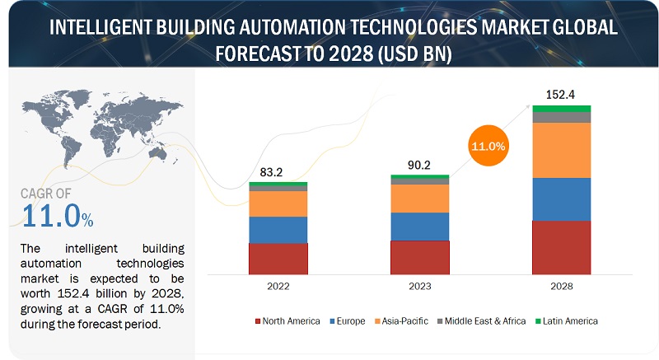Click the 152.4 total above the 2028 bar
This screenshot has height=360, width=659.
(561, 93)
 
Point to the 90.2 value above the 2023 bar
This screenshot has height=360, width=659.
(419, 165)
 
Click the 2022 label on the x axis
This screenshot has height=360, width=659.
(278, 286)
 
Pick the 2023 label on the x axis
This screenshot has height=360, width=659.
(419, 286)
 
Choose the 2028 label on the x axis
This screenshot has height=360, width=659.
(561, 286)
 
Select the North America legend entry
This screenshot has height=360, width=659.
(288, 320)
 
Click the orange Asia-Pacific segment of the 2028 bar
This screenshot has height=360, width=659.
(561, 150)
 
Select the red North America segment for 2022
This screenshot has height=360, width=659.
(278, 258)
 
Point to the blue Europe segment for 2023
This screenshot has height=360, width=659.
(419, 226)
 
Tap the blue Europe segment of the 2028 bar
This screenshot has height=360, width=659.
(561, 199)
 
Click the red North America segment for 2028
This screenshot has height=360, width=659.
(561, 246)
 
